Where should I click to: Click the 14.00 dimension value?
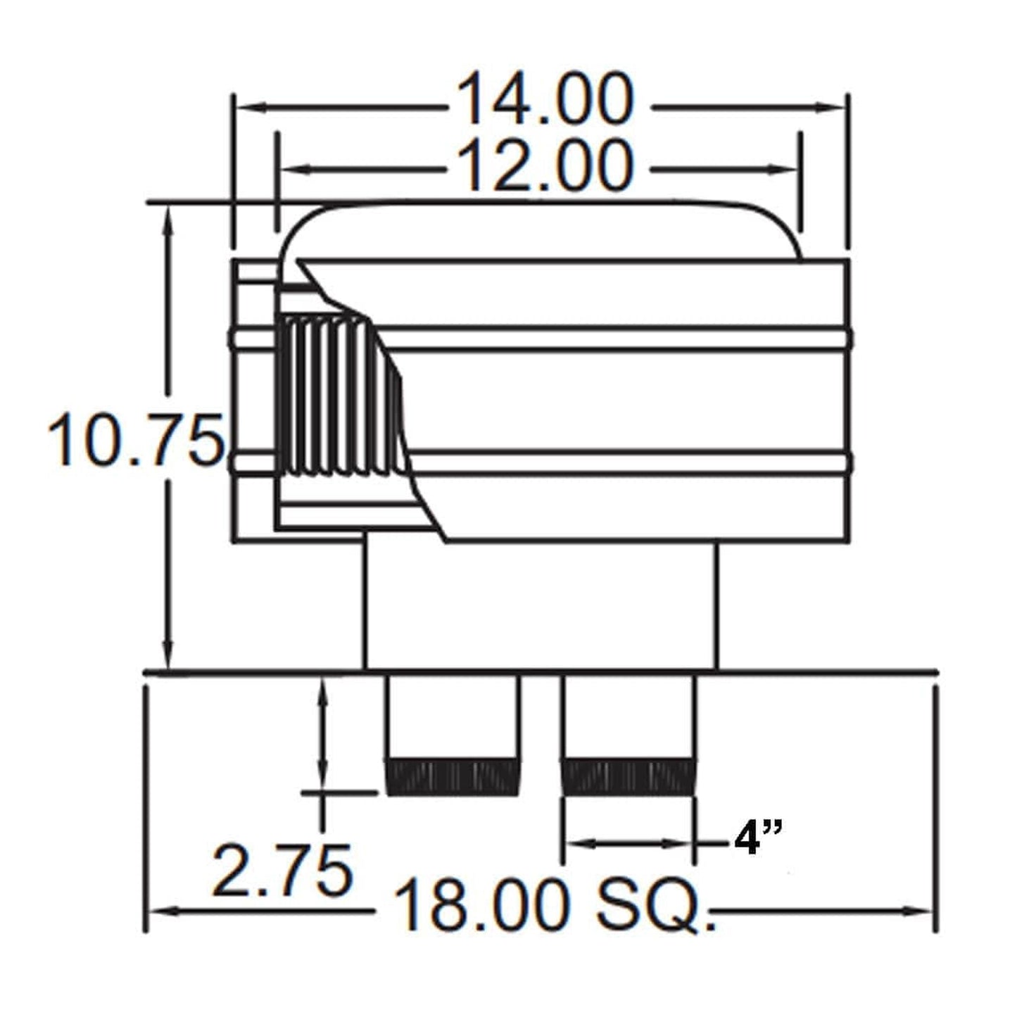(x=546, y=100)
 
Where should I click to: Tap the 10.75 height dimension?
(x=136, y=442)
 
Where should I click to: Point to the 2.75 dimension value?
(x=282, y=872)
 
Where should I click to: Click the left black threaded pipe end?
(x=453, y=778)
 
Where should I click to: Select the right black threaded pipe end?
(x=628, y=778)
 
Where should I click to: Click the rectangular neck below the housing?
(x=541, y=605)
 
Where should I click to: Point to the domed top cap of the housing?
(x=541, y=229)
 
